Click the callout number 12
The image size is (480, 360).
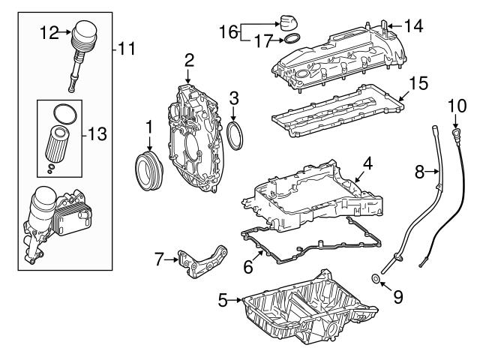click(49, 32)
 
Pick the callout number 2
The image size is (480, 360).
click(189, 59)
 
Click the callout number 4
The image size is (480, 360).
click(367, 163)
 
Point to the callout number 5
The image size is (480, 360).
click(222, 301)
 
